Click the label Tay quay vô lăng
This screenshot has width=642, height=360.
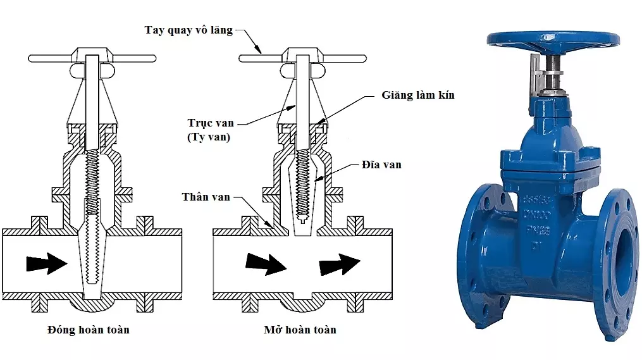coord(188,30)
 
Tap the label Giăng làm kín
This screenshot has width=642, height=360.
coord(417,96)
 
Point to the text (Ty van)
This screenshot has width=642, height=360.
coord(209,137)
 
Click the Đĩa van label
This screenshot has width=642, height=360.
coord(383,165)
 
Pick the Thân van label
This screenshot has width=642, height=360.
coord(206,197)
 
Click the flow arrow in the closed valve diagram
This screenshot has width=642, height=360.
coord(47,262)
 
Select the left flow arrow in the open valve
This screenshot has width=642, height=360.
coord(265,263)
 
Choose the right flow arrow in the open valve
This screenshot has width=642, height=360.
coord(339,263)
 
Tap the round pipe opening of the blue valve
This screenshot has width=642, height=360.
coord(623,244)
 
